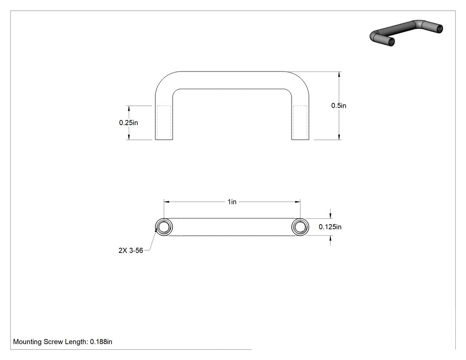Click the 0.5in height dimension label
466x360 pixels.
click(339, 106)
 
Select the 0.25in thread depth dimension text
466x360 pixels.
click(128, 123)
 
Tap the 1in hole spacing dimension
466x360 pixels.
click(232, 202)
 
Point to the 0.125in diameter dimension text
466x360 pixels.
click(330, 227)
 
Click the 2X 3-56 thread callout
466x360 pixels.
click(131, 251)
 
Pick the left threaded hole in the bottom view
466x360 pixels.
click(164, 227)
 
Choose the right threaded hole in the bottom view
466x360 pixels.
click(300, 227)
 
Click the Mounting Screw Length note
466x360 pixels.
click(63, 342)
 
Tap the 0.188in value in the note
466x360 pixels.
click(101, 342)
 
